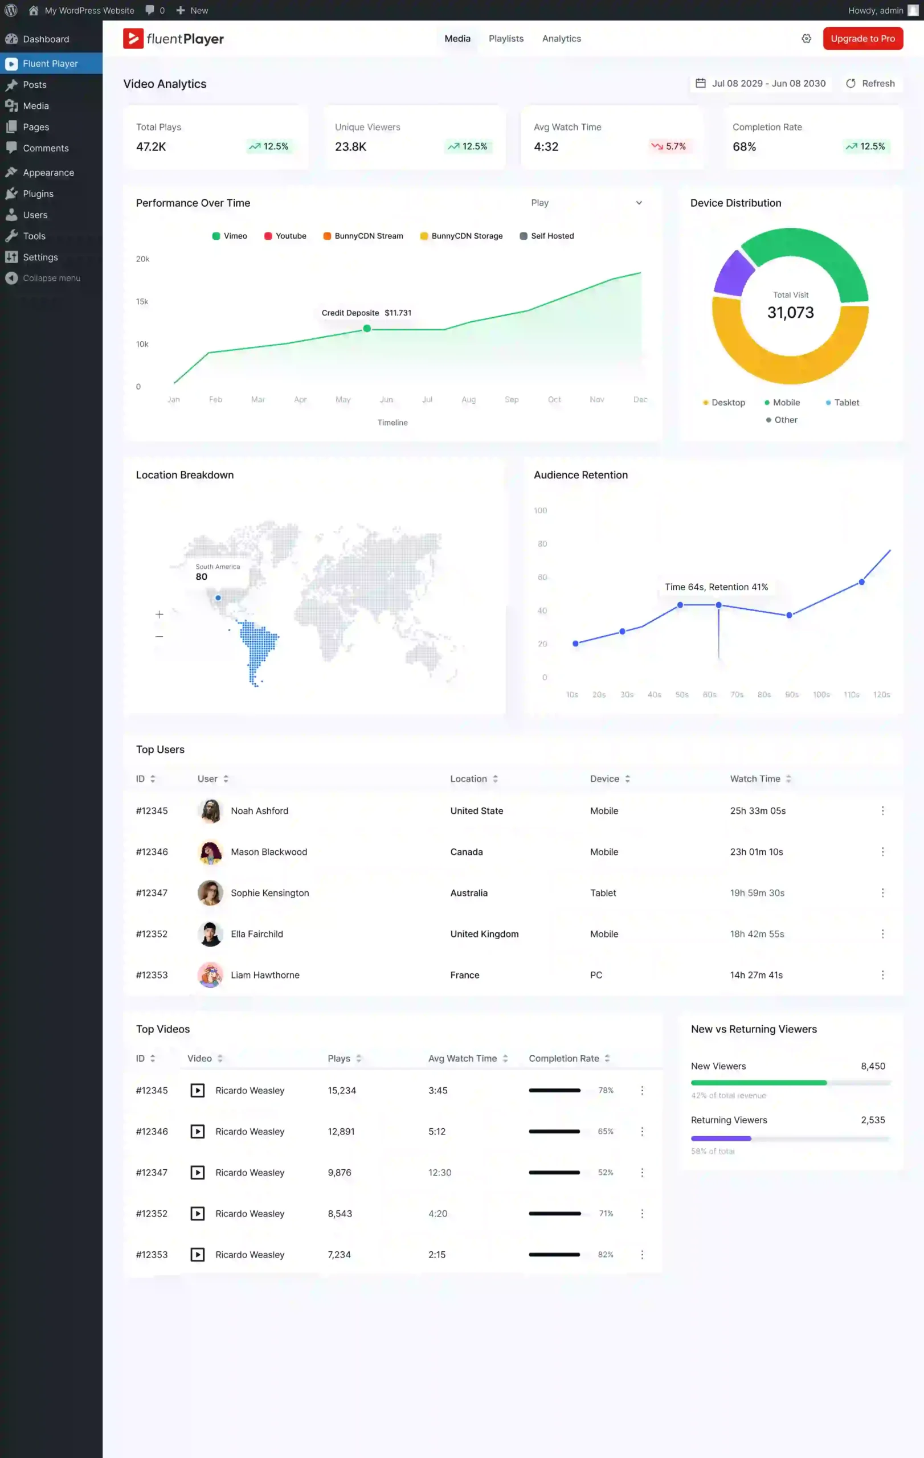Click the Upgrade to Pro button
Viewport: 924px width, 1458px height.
(862, 39)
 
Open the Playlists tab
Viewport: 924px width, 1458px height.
(506, 39)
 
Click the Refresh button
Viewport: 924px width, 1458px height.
(870, 84)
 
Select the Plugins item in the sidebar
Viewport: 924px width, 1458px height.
(38, 194)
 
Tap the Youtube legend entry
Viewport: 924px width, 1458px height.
(285, 236)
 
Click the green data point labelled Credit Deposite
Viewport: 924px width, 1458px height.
(367, 329)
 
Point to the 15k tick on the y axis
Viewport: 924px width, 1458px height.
(142, 301)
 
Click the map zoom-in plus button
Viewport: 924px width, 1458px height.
(160, 615)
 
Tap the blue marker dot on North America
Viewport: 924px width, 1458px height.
(218, 598)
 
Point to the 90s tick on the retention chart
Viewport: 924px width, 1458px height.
(791, 694)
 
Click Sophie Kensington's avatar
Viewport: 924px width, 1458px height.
(210, 893)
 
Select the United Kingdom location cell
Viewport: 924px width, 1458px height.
(484, 934)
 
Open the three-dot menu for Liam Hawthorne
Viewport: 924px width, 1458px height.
(882, 975)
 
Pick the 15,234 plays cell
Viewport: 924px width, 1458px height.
(341, 1091)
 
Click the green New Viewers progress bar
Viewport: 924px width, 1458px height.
(758, 1083)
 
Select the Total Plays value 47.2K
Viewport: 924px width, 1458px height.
(151, 146)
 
